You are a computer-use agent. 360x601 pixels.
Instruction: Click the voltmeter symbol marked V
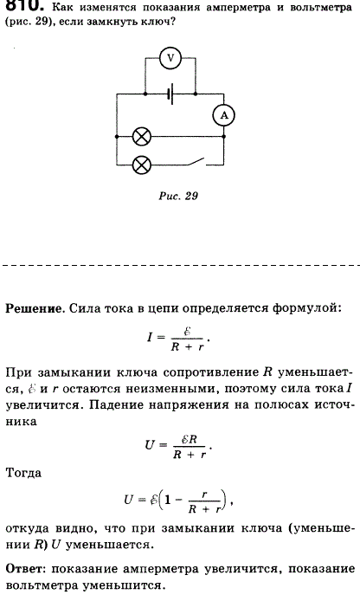click(x=170, y=58)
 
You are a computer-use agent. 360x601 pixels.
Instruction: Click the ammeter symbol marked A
click(x=224, y=115)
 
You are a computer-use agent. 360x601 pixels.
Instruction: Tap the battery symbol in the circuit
click(x=170, y=94)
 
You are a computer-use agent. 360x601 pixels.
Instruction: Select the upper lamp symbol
click(x=141, y=137)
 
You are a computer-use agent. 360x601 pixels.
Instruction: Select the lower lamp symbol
click(x=141, y=165)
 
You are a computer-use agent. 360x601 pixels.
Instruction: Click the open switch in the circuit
click(x=196, y=162)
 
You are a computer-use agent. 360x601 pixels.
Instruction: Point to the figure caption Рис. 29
click(x=178, y=196)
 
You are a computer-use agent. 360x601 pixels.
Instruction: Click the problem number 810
click(x=22, y=4)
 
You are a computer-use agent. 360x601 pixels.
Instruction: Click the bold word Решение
click(x=34, y=308)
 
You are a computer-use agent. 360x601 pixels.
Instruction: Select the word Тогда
click(x=23, y=473)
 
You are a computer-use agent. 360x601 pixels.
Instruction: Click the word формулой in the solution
click(x=306, y=308)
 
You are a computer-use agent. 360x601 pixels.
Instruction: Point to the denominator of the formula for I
click(x=188, y=346)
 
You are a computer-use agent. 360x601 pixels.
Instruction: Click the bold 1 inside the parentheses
click(x=167, y=500)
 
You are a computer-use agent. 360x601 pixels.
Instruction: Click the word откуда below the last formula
click(x=27, y=528)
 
